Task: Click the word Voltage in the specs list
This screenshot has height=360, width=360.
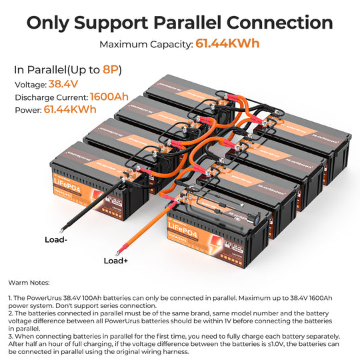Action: (29, 85)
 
